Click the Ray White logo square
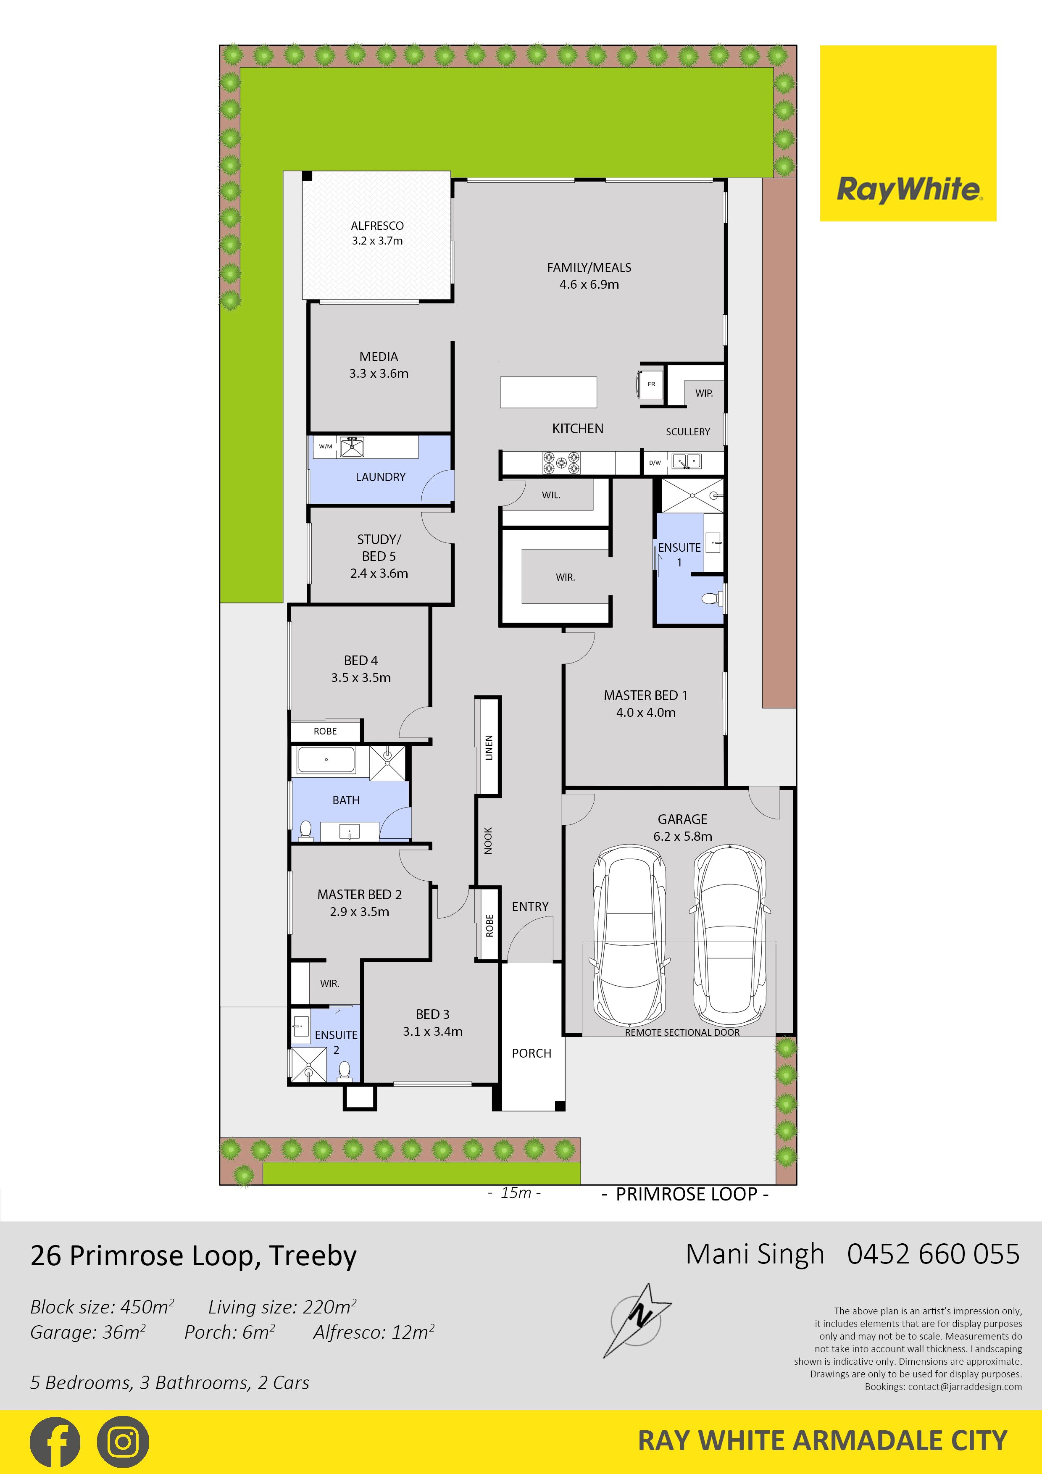coord(908,134)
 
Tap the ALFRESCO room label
coord(377,226)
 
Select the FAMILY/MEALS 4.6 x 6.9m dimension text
coord(589,284)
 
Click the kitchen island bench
coord(548,392)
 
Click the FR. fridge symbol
coord(650,384)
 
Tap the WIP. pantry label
coord(704,393)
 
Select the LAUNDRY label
coord(381,477)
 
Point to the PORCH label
coord(532,1053)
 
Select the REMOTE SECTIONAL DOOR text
coord(682,1032)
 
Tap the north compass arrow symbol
coord(637,1321)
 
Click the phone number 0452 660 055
coord(934,1254)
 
